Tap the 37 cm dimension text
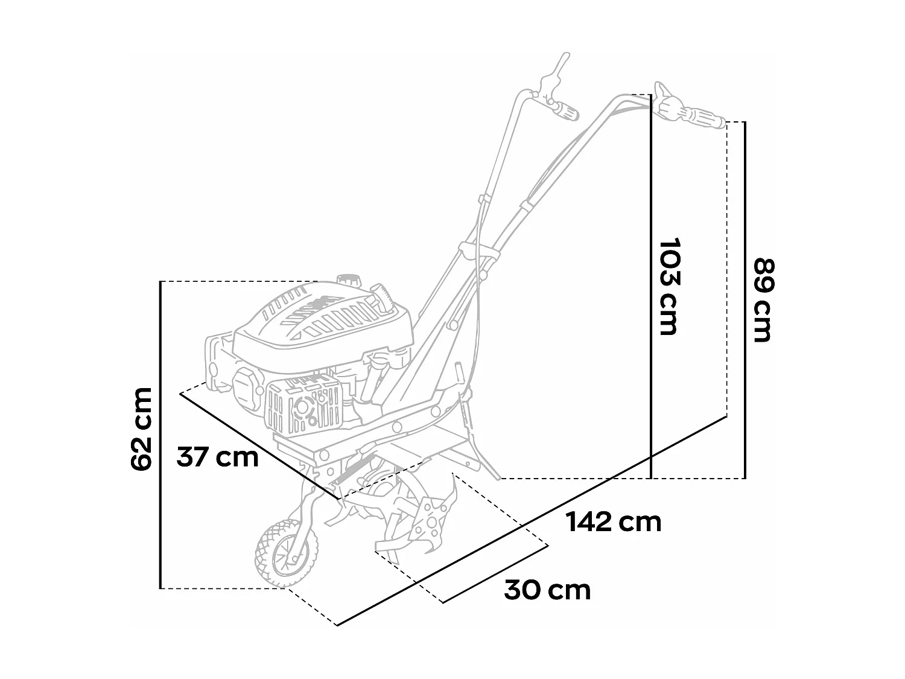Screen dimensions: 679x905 (217, 457)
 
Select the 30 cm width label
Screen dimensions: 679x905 (547, 590)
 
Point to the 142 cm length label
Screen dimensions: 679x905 (614, 521)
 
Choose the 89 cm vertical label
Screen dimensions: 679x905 (763, 300)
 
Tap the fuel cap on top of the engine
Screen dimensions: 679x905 (348, 281)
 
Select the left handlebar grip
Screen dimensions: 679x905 (565, 110)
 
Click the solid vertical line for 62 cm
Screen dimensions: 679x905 (160, 435)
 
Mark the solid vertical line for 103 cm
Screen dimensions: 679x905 (652, 286)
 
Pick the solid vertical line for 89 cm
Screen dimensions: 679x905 (746, 300)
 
